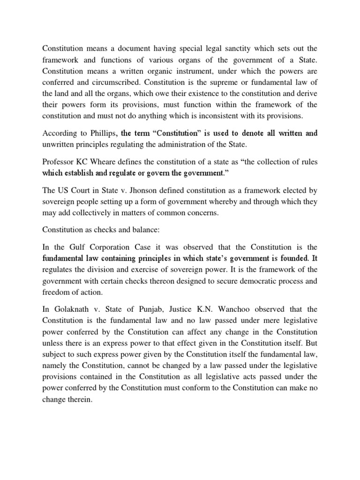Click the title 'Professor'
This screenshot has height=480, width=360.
(x=59, y=162)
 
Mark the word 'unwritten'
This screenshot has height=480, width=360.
(x=59, y=146)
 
